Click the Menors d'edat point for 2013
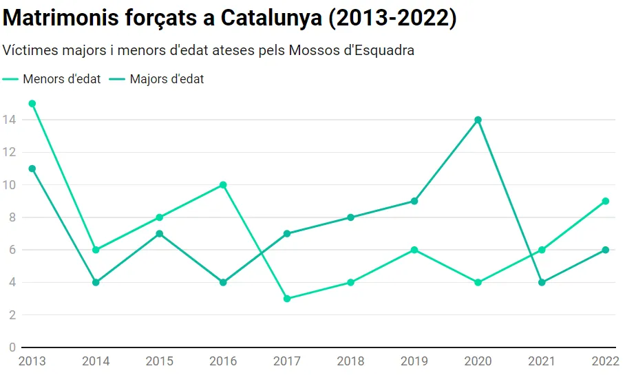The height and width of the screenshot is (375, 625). click(x=32, y=104)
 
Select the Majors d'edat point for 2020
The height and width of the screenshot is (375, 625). click(x=478, y=120)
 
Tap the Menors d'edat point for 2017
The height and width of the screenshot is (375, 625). click(x=287, y=299)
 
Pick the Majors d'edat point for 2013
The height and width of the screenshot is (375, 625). click(x=32, y=169)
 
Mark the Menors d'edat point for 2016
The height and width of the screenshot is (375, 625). click(x=223, y=185)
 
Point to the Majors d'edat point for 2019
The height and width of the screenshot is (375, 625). click(x=414, y=202)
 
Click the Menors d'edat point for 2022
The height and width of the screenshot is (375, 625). click(x=605, y=202)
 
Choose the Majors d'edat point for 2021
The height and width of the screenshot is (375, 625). click(x=542, y=282)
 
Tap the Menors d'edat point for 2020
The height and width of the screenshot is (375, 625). click(x=478, y=282)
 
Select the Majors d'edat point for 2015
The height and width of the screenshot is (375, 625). click(x=160, y=234)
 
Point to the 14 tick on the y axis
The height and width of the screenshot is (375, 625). click(x=9, y=120)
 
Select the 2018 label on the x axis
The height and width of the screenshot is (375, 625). click(x=350, y=361)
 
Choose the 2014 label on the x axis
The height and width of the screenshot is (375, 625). click(x=96, y=361)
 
